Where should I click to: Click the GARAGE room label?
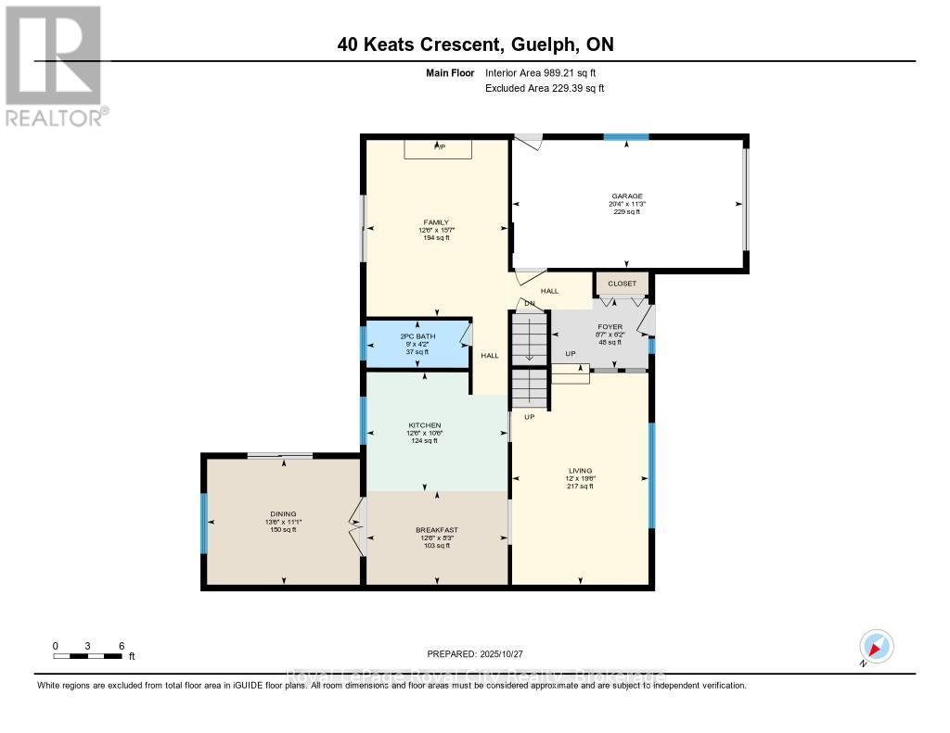click(626, 196)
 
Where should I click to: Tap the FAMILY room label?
click(436, 222)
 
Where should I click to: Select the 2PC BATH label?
click(417, 335)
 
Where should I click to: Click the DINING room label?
click(283, 514)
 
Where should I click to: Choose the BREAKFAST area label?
click(436, 530)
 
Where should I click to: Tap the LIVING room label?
click(580, 471)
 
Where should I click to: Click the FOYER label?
click(609, 326)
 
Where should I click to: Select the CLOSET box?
click(623, 284)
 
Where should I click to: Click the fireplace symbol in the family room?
click(439, 148)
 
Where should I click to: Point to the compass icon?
click(876, 646)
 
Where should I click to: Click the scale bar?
click(88, 656)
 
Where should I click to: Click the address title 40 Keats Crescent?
click(474, 44)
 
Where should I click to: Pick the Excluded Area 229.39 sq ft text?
click(545, 88)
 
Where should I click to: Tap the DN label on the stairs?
click(529, 303)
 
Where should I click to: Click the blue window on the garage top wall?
click(626, 137)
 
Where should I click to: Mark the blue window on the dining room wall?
click(204, 524)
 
